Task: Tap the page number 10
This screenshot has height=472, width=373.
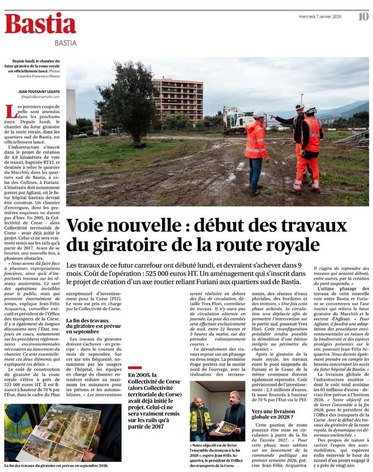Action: coord(362,16)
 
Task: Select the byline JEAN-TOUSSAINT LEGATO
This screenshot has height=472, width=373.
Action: coord(41,91)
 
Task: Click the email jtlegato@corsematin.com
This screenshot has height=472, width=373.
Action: coord(40,97)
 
